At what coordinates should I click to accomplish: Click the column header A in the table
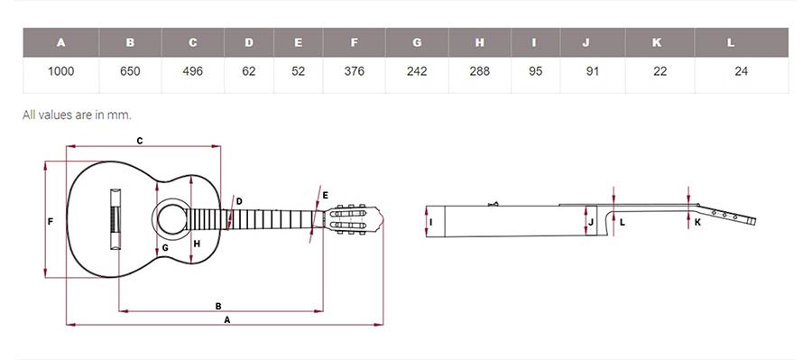point(61,42)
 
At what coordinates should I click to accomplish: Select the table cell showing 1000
point(61,71)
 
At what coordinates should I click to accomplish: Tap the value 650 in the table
point(130,71)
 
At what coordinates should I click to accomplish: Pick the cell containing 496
point(193,71)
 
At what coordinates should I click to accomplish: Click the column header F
point(355,42)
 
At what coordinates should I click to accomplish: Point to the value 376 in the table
point(355,71)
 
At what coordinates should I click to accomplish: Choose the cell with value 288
point(480,71)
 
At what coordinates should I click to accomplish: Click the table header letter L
point(731,42)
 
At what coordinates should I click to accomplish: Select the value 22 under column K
point(660,71)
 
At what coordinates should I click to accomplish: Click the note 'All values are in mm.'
point(77,115)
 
